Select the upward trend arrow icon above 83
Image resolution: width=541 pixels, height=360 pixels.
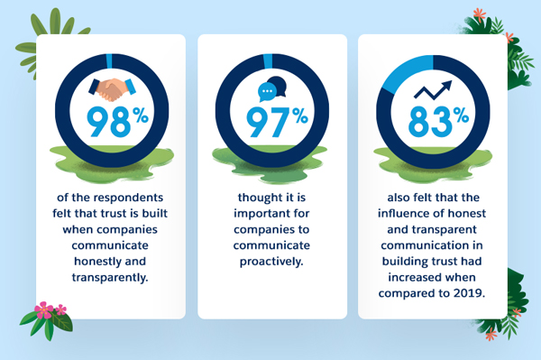[431, 89]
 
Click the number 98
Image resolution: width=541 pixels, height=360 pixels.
[102, 121]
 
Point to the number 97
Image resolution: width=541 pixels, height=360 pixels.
[262, 121]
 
